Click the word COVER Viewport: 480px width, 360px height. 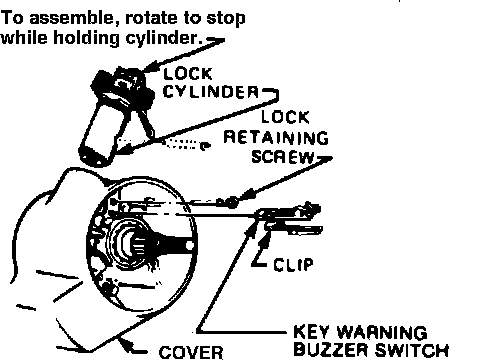pos(191,353)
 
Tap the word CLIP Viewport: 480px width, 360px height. pos(294,265)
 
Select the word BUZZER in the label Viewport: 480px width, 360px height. pos(332,349)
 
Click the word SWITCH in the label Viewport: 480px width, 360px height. pos(412,349)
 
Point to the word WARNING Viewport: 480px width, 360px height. pos(382,332)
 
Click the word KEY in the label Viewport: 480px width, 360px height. pos(313,332)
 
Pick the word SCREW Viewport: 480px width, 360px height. pos(283,157)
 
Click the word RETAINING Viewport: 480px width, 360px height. pos(276,137)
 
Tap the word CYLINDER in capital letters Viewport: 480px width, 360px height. pos(211,91)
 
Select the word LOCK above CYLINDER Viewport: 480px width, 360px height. pos(188,74)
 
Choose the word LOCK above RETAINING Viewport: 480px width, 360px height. pos(285,117)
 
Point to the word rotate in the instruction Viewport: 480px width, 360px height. pos(151,19)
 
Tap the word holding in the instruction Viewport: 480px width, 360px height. pos(86,38)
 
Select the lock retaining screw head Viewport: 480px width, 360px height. pos(230,202)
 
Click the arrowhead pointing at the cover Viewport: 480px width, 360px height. pos(126,344)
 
